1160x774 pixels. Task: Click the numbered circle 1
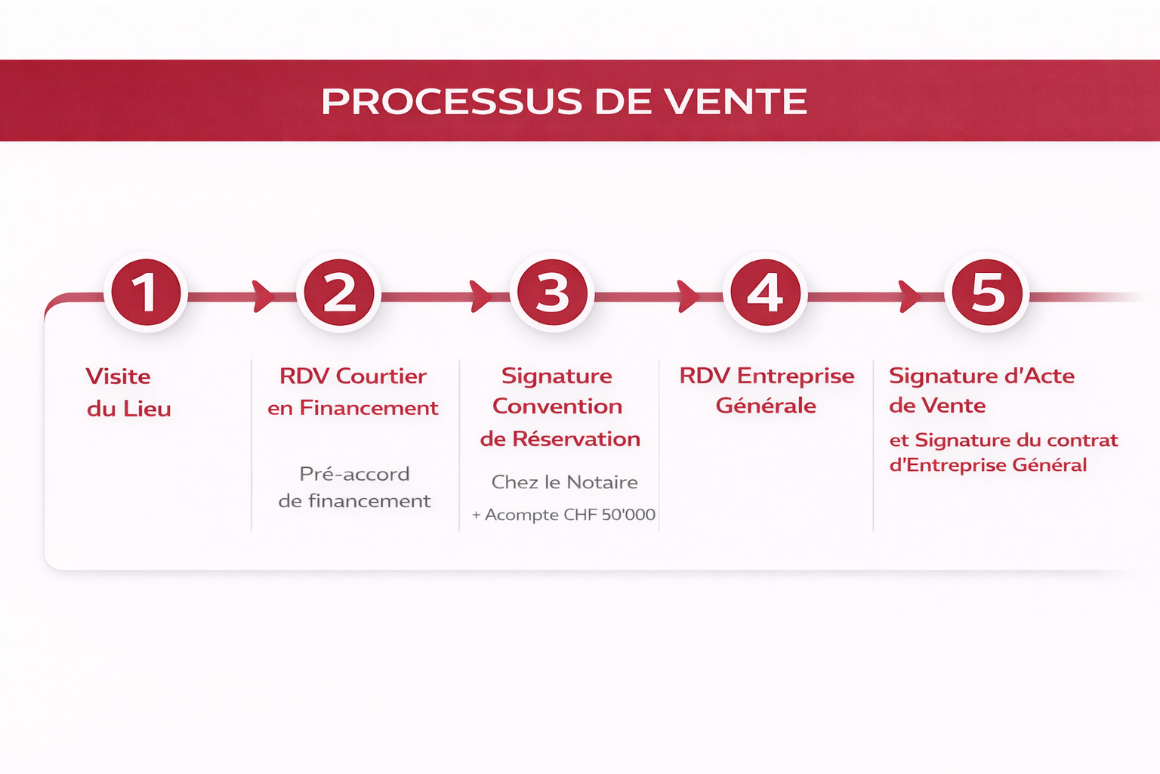[146, 293]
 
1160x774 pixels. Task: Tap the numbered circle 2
[339, 293]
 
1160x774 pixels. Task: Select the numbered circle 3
[552, 293]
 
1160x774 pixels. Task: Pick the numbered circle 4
[765, 293]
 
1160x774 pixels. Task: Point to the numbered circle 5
[987, 293]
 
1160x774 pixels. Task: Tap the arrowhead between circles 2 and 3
[480, 296]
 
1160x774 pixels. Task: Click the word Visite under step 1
[118, 376]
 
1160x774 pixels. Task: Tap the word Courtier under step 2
[381, 376]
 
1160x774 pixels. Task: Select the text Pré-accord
[354, 474]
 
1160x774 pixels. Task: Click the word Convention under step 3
[557, 407]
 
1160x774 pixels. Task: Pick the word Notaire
[602, 482]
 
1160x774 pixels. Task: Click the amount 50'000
[628, 515]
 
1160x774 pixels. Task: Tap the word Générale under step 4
[766, 406]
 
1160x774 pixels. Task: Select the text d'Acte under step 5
[1038, 376]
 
